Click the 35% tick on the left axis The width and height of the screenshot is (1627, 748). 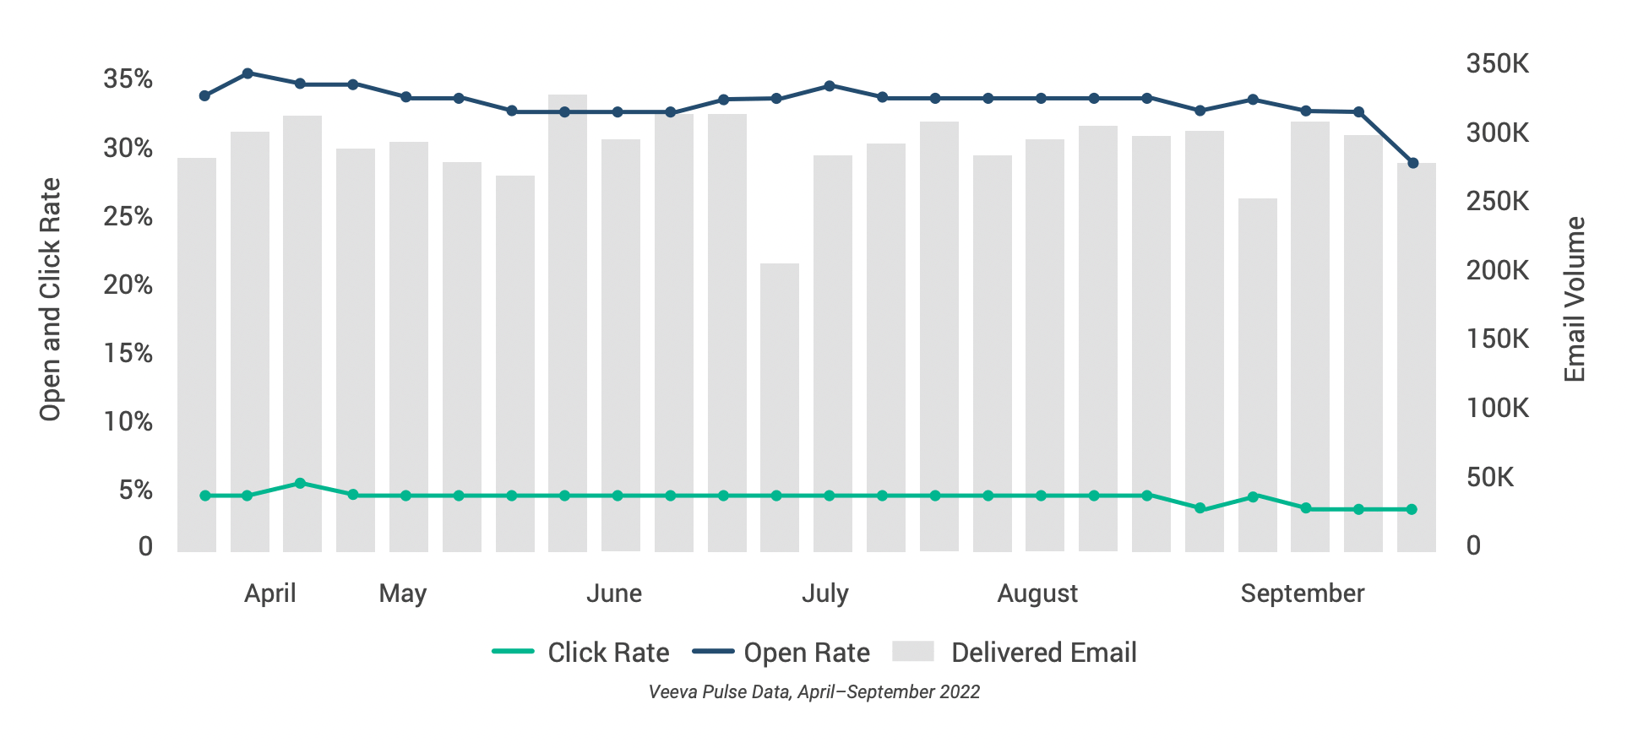[x=128, y=79]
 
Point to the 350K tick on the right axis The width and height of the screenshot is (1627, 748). [x=1497, y=63]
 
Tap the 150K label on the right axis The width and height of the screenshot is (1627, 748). [x=1497, y=339]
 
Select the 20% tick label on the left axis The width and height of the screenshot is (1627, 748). [x=128, y=285]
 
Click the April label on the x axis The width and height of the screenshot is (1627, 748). [x=269, y=594]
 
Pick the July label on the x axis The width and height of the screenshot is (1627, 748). [x=824, y=594]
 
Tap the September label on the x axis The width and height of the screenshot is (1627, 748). [x=1302, y=594]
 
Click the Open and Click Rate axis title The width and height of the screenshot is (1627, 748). [x=51, y=300]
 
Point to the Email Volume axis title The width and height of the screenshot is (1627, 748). [x=1575, y=300]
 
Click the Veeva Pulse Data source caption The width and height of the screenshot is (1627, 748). [x=813, y=692]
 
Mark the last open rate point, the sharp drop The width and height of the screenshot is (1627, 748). [x=1412, y=163]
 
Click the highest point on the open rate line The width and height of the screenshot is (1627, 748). [x=248, y=73]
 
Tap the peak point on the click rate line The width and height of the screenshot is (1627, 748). [x=300, y=484]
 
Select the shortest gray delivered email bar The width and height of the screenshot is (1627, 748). [x=779, y=407]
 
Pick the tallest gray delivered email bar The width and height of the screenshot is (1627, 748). [x=567, y=323]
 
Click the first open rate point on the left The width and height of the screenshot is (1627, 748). [x=204, y=96]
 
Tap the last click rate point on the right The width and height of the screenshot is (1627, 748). [x=1412, y=510]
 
